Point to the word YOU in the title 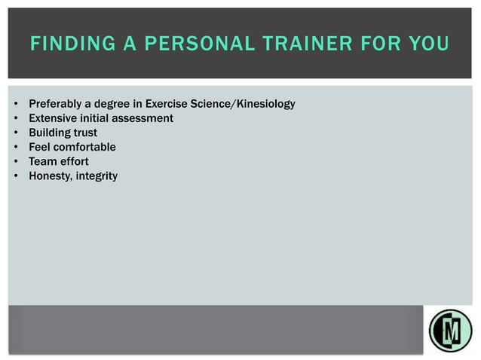(x=428, y=44)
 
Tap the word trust (x=85, y=133)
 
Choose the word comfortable (x=84, y=147)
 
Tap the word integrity (x=97, y=176)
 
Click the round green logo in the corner (x=450, y=330)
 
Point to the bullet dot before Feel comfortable (x=16, y=148)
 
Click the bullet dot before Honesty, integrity (x=16, y=176)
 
